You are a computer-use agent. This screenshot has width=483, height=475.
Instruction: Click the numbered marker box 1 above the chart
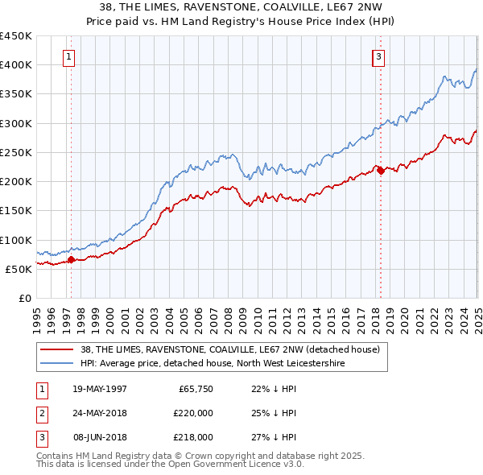tap(70, 56)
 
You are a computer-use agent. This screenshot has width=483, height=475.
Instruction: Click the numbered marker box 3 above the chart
tap(378, 56)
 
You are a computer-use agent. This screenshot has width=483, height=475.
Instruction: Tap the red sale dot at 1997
tap(71, 259)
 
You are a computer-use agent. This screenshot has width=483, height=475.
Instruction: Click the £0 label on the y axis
tap(25, 298)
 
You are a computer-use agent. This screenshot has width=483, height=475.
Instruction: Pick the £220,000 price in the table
tap(193, 413)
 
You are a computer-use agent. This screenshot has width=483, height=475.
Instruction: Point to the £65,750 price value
tap(196, 389)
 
